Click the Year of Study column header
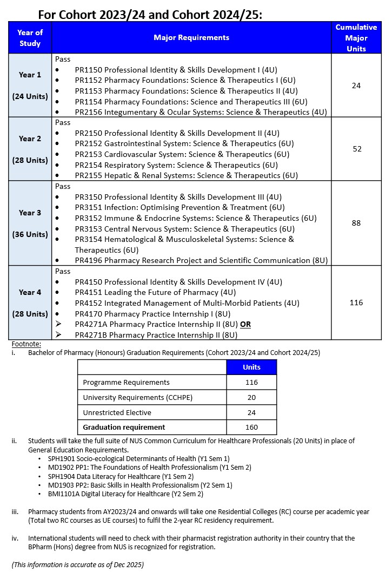(30, 37)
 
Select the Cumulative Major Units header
(356, 37)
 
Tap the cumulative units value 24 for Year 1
(356, 86)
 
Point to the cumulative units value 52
(357, 149)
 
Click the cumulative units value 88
(356, 223)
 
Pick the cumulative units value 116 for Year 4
(356, 303)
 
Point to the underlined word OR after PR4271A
(245, 324)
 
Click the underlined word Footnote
(26, 344)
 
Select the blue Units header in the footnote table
(251, 367)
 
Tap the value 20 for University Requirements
(251, 397)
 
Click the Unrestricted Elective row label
(116, 412)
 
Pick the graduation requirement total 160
(251, 427)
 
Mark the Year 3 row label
(30, 213)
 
